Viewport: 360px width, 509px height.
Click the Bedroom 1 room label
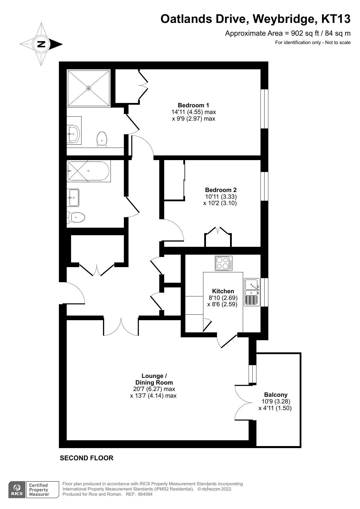[193, 105]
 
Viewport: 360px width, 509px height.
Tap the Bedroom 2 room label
[221, 190]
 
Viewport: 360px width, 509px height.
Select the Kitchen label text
[223, 291]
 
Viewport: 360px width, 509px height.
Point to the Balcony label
[276, 395]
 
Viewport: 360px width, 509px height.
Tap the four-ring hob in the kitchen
[223, 263]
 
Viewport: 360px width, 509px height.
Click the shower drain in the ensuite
[89, 88]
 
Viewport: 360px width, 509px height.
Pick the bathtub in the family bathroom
[88, 171]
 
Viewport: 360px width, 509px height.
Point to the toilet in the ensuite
[102, 139]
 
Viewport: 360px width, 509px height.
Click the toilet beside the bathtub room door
[76, 217]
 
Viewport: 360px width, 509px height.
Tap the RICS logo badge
[17, 490]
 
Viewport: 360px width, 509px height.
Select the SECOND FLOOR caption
[86, 458]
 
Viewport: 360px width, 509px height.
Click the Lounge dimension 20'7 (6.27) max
[152, 389]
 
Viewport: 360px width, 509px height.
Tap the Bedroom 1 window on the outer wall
[264, 109]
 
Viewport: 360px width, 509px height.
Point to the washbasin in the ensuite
[74, 134]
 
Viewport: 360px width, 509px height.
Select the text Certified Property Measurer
[39, 490]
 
